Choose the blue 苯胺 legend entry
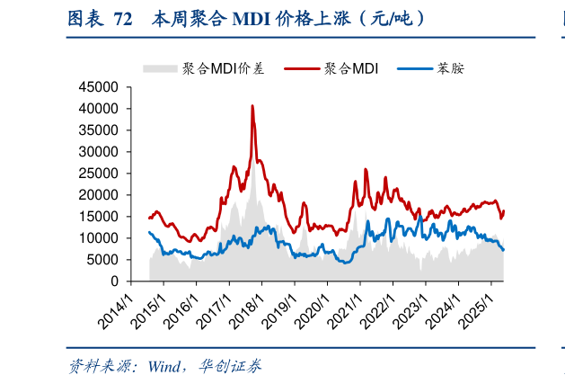pyautogui.click(x=450, y=68)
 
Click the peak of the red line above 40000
pyautogui.click(x=252, y=106)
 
